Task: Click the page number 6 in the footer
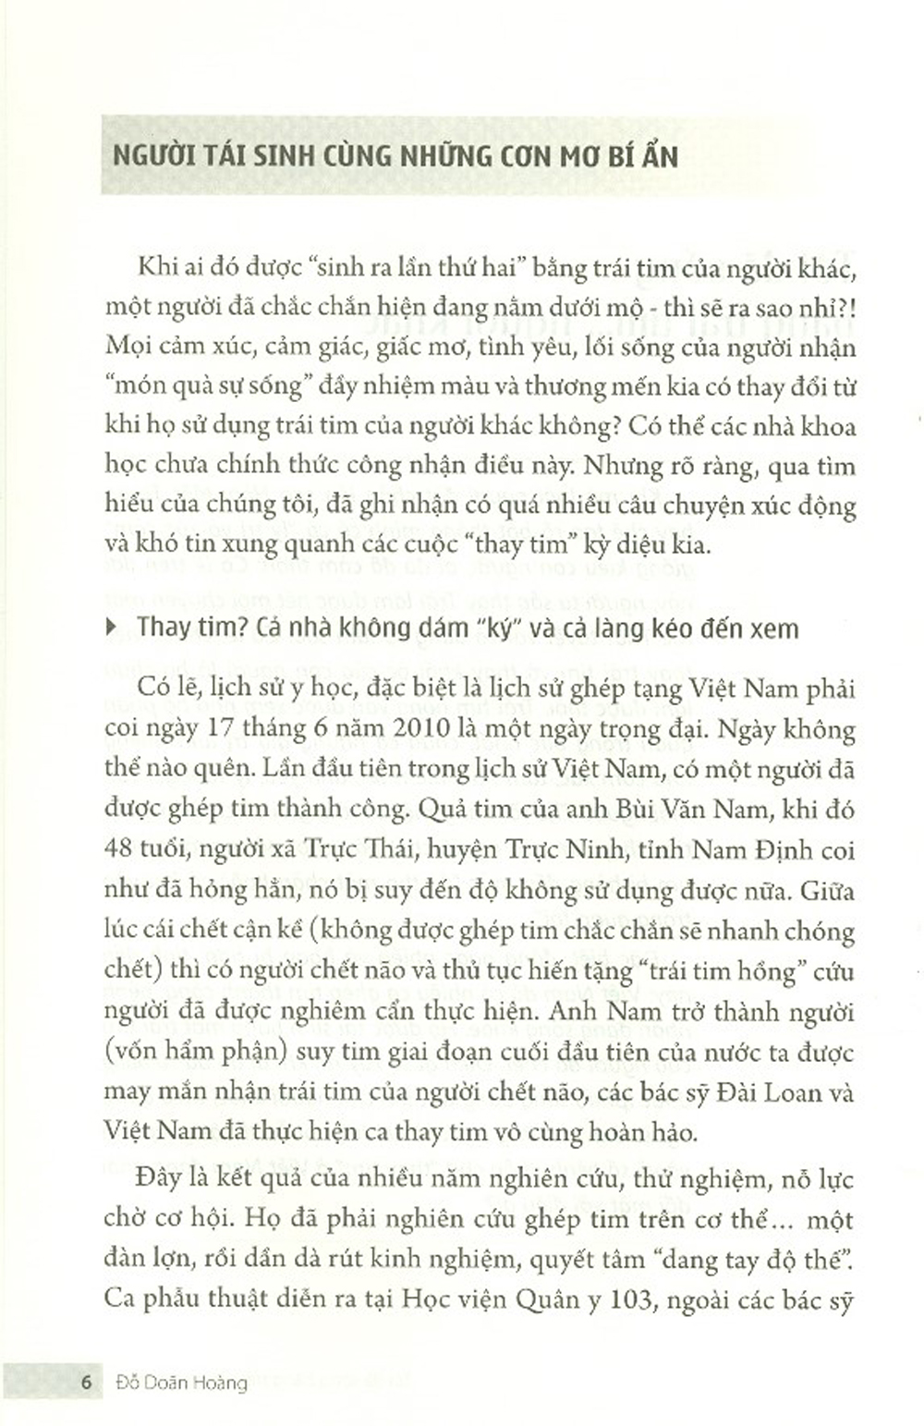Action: click(86, 1383)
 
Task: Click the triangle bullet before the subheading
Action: click(113, 628)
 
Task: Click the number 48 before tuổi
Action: click(120, 849)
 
